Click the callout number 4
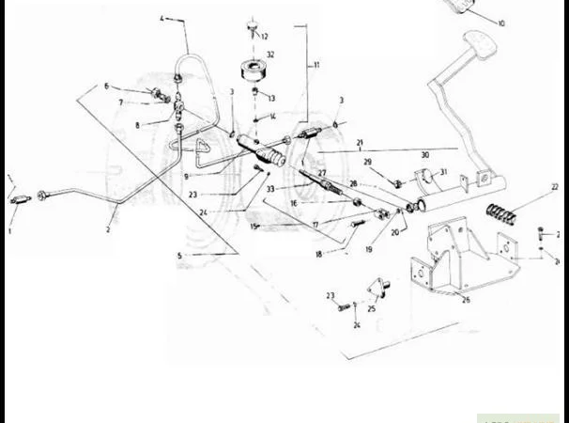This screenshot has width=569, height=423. tap(161, 19)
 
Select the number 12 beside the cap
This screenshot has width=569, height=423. tap(265, 36)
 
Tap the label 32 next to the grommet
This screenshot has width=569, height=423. tap(270, 55)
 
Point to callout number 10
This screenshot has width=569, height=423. tap(501, 23)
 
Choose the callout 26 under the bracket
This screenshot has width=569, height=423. tap(465, 300)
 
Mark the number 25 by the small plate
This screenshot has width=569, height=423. tap(372, 307)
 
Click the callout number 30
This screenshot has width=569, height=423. tap(424, 155)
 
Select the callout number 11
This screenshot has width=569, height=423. tap(316, 65)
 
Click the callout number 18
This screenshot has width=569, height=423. tap(318, 254)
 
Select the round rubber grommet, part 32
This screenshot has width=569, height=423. tap(251, 72)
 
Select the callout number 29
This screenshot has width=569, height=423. tap(368, 162)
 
